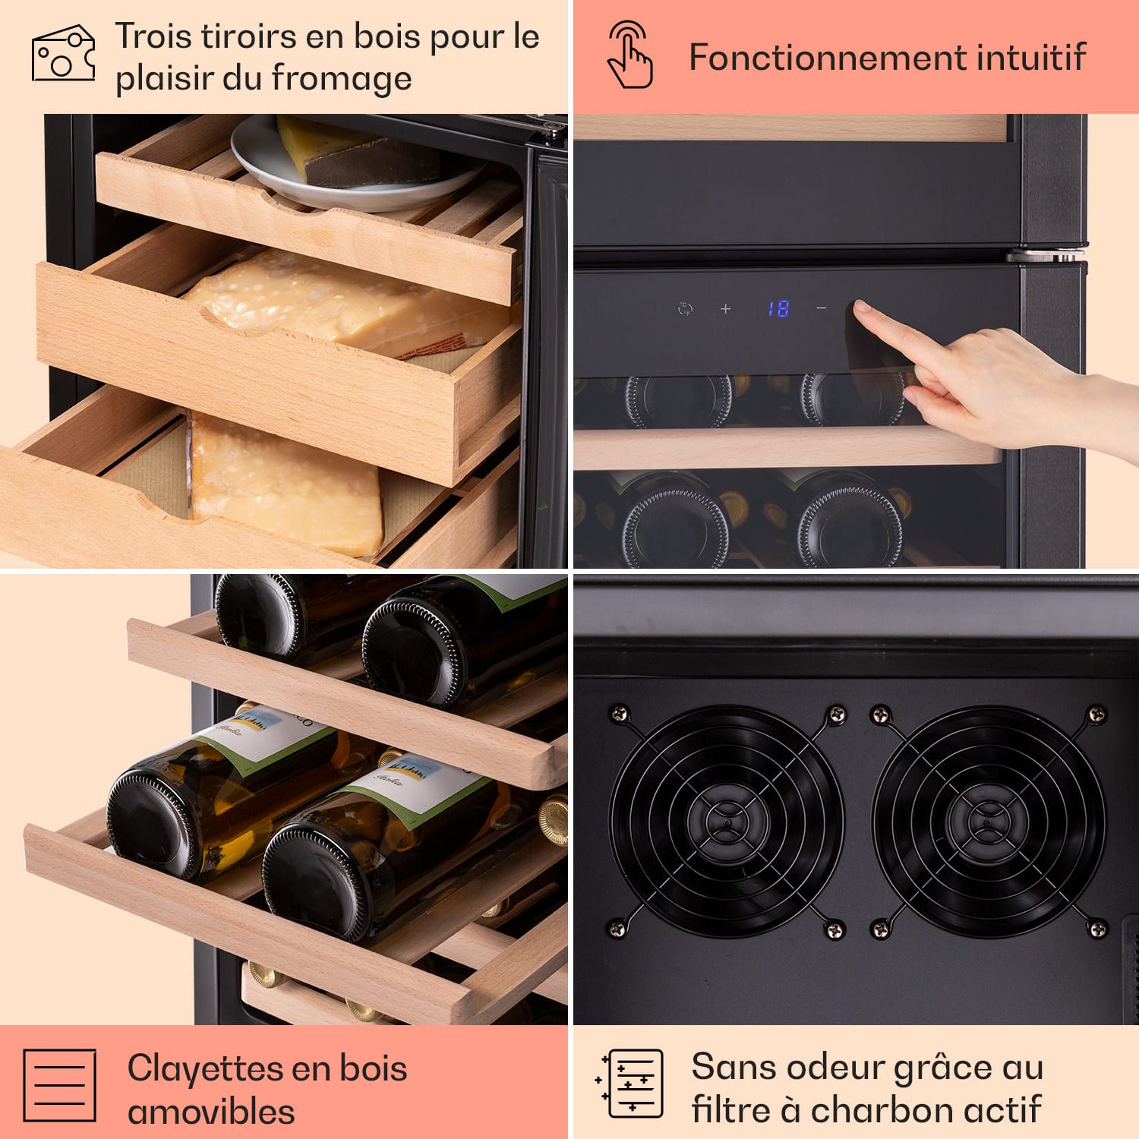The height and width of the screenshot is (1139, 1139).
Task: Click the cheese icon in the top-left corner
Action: [63, 53]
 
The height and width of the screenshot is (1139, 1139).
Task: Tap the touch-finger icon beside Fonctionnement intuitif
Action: [630, 55]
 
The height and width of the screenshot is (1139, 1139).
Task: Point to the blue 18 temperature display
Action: [778, 308]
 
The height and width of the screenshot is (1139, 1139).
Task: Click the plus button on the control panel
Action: [726, 308]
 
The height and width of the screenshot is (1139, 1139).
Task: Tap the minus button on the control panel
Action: [822, 308]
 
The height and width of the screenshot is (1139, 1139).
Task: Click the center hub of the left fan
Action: [727, 822]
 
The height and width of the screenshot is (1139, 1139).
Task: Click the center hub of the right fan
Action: [987, 822]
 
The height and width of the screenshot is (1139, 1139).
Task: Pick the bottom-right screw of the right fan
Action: [1097, 928]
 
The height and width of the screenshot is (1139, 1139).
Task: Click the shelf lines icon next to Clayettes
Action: [60, 1086]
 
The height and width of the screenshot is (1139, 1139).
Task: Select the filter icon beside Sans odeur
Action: [630, 1084]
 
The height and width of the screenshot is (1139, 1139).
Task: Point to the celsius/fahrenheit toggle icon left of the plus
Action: [685, 308]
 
